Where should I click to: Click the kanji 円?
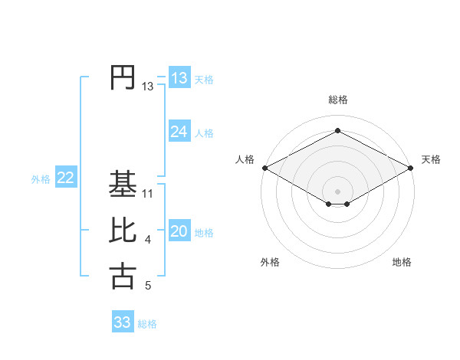click(123, 77)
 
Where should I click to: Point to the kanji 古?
click(123, 277)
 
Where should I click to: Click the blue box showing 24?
click(179, 132)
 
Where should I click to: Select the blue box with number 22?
click(65, 178)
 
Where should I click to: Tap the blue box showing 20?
click(179, 231)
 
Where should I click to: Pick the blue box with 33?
click(122, 322)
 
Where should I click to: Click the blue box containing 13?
click(179, 78)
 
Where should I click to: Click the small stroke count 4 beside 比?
click(148, 240)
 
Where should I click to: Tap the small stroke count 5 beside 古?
click(148, 286)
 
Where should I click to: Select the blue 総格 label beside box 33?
click(147, 324)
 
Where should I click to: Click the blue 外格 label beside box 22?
click(41, 179)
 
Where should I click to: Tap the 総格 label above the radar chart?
click(337, 100)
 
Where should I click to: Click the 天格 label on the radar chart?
click(431, 159)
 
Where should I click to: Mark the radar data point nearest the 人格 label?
click(264, 168)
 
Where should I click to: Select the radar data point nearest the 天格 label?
click(411, 168)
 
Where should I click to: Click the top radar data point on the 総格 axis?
click(337, 131)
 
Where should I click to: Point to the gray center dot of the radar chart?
click(337, 191)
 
